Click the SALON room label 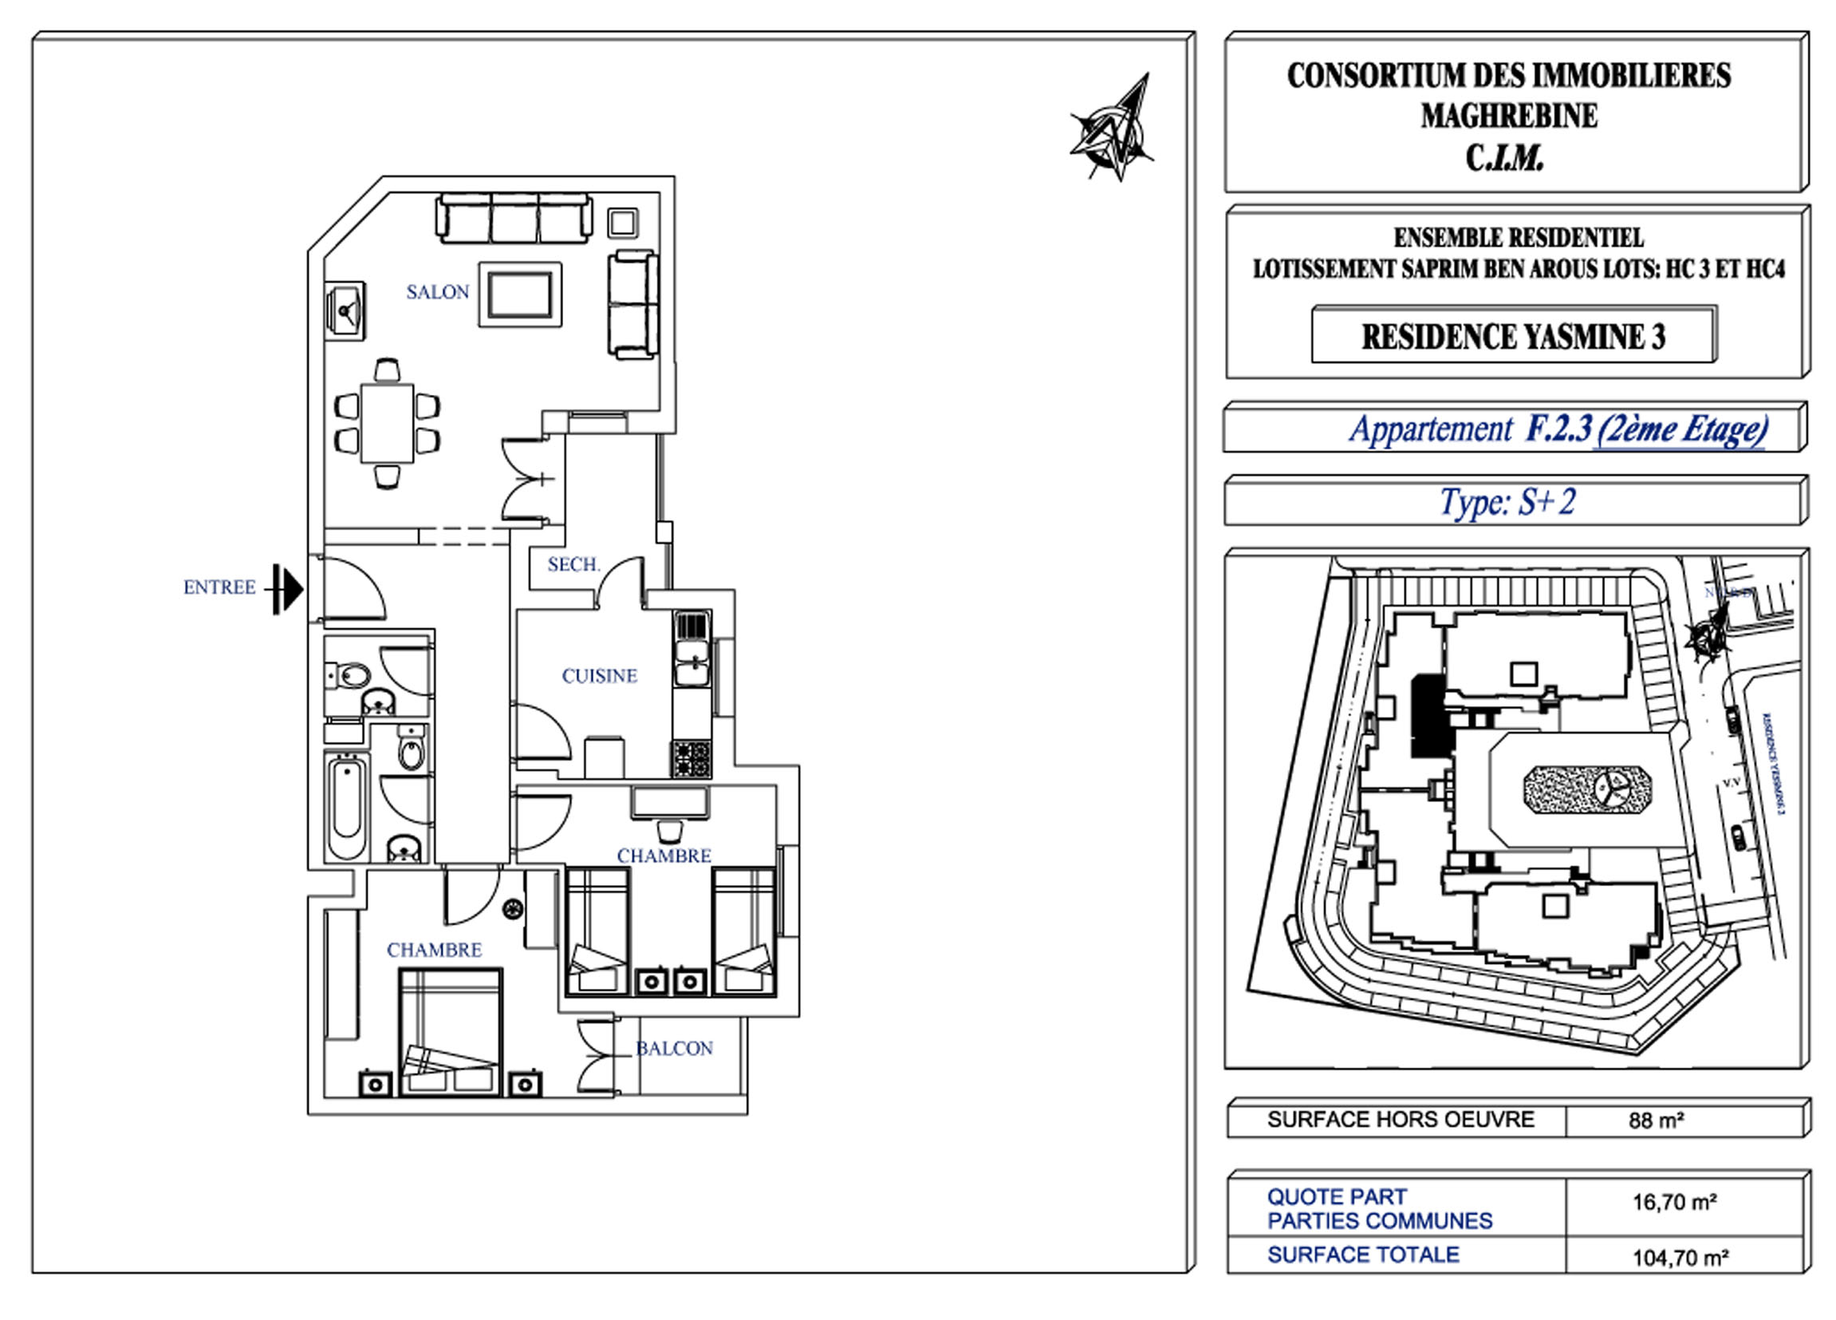coord(437,292)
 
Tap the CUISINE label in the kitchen coord(599,675)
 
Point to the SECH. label coord(573,564)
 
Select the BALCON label coord(674,1049)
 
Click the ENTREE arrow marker coord(288,589)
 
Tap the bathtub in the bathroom coord(346,807)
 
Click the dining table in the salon coord(387,423)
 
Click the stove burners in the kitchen coord(691,758)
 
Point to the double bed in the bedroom coord(450,1033)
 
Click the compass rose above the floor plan coord(1113,133)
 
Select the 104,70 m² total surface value coord(1680,1258)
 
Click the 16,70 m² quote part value coord(1674,1203)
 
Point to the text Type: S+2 coord(1507,503)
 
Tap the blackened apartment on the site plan coord(1428,717)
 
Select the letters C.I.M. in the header coord(1505,159)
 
